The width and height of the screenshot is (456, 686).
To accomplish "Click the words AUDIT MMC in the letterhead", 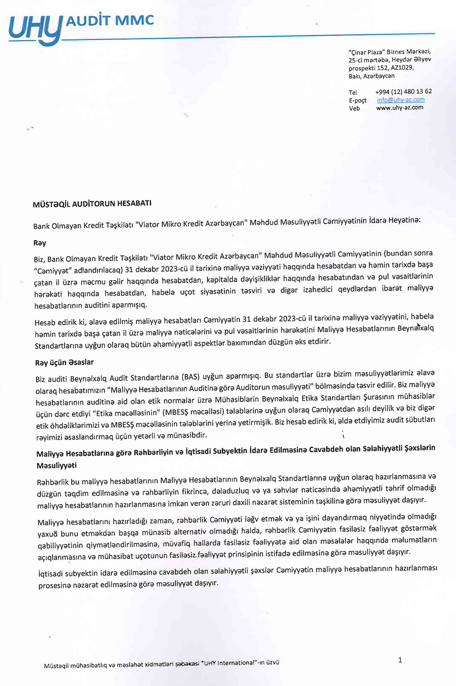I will [110, 21].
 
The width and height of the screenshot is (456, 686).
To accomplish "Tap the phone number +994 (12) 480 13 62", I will [403, 91].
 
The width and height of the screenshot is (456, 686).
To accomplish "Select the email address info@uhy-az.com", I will [400, 99].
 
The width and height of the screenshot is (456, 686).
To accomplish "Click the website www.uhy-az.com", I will [399, 108].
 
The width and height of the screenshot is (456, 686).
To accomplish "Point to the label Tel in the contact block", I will [353, 92].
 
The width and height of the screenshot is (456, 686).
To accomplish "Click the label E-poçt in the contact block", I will [358, 100].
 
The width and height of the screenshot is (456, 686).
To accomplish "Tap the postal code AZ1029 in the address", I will [402, 68].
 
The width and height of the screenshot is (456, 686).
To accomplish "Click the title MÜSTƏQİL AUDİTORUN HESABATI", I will [92, 204].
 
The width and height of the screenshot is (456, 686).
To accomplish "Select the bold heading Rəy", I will [40, 243].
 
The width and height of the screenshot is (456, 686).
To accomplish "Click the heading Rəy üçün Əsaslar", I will [64, 362].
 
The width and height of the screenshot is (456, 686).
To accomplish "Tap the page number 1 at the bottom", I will [400, 660].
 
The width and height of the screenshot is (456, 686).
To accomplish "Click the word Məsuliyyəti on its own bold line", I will [57, 466].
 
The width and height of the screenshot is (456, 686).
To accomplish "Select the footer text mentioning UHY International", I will [161, 664].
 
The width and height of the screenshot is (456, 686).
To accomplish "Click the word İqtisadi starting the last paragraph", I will [51, 573].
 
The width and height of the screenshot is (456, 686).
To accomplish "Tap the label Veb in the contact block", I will [354, 109].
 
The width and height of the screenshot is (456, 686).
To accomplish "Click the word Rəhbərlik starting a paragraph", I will [52, 482].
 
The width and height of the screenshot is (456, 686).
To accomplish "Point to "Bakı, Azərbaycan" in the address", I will [372, 76].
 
